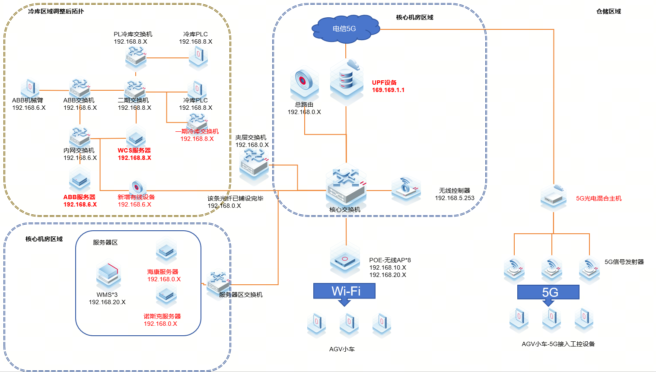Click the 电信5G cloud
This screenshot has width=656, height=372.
click(x=345, y=29)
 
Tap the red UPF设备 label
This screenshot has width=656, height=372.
click(x=384, y=83)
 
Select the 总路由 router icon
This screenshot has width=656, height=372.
click(x=304, y=82)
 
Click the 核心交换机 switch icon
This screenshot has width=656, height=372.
click(x=346, y=187)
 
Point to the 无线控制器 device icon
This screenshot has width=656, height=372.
click(x=406, y=189)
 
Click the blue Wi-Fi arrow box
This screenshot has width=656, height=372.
click(x=344, y=291)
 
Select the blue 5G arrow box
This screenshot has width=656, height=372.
click(x=548, y=293)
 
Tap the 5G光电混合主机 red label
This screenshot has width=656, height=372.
click(x=599, y=198)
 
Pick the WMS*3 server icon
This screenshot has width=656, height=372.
click(x=108, y=275)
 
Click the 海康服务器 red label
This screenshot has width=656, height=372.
click(x=162, y=272)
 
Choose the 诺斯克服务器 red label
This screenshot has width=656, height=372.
click(x=162, y=316)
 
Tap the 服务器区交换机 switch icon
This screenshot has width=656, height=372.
click(x=218, y=283)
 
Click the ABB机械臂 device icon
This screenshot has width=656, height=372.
click(x=29, y=89)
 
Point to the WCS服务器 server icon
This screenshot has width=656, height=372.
click(x=136, y=137)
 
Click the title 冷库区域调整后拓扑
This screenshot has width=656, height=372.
click(x=56, y=11)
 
